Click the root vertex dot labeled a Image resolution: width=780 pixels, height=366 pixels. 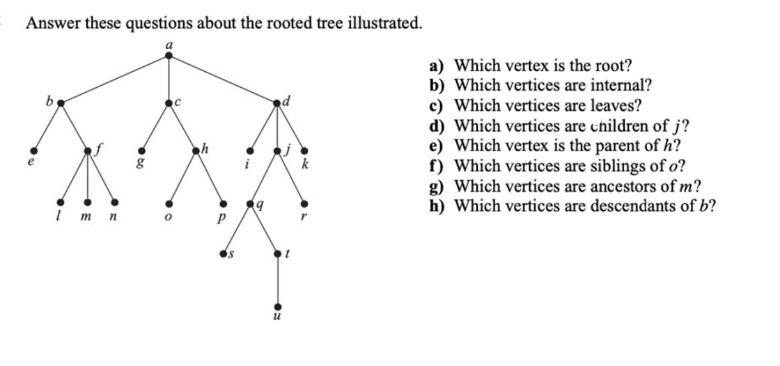pyautogui.click(x=169, y=55)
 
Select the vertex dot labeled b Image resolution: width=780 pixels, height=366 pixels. pyautogui.click(x=61, y=102)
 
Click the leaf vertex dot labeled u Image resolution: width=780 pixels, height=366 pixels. pyautogui.click(x=278, y=306)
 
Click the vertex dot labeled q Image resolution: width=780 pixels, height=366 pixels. pyautogui.click(x=251, y=204)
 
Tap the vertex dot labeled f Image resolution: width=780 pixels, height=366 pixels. pyautogui.click(x=88, y=150)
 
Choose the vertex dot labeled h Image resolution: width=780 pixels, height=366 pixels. pyautogui.click(x=196, y=150)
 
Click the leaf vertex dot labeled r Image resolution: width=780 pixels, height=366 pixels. pyautogui.click(x=304, y=204)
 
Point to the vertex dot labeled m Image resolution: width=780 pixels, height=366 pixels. pyautogui.click(x=88, y=204)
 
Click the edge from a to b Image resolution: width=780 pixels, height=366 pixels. pyautogui.click(x=115, y=79)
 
